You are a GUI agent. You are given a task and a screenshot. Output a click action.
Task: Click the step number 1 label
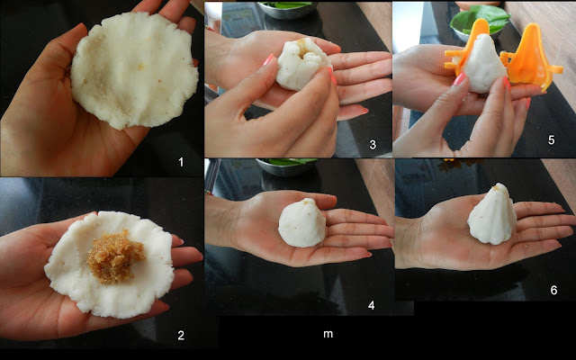coord(181,162)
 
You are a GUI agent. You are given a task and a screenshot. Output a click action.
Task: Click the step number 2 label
coord(181,335)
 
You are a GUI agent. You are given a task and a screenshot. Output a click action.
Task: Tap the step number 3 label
coord(373,145)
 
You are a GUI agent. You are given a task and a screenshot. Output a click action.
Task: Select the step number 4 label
coord(372,305)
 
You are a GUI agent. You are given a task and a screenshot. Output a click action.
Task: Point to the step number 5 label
coord(551,140)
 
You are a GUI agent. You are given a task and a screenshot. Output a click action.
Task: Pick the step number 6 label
coord(553,290)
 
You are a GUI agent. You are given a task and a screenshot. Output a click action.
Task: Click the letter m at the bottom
coord(328,334)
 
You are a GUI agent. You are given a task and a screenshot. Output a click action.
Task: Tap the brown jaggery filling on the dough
coord(115,257)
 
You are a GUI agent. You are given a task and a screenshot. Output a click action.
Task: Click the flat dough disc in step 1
coord(134,70)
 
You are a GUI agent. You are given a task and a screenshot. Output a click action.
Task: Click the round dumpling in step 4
coord(302,223)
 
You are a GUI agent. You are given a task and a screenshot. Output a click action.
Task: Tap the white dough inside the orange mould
coord(483,64)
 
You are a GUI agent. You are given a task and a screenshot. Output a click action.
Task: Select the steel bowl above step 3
coord(287,9)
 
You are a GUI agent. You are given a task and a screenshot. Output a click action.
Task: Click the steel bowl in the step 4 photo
coord(286,166)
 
